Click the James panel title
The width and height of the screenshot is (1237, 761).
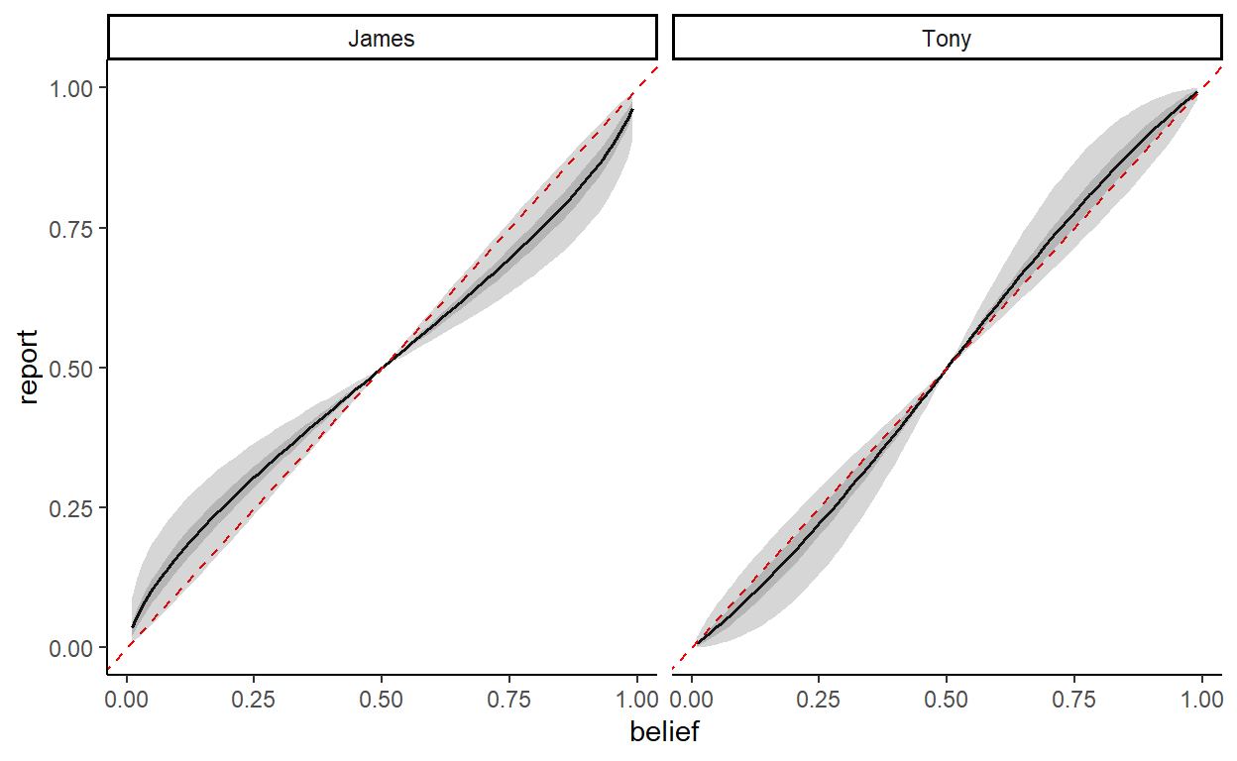pos(382,40)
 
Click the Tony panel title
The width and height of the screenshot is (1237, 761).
pos(947,40)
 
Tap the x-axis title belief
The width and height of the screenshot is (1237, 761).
pos(664,733)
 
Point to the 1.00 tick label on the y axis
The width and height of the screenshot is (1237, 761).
pos(72,88)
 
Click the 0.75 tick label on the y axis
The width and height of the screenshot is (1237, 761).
pos(72,228)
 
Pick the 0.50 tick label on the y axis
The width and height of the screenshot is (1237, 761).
pos(72,368)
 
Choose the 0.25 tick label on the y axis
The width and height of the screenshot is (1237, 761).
pos(72,507)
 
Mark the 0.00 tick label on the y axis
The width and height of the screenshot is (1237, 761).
pos(72,647)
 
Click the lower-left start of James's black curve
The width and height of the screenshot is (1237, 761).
pos(133,626)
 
